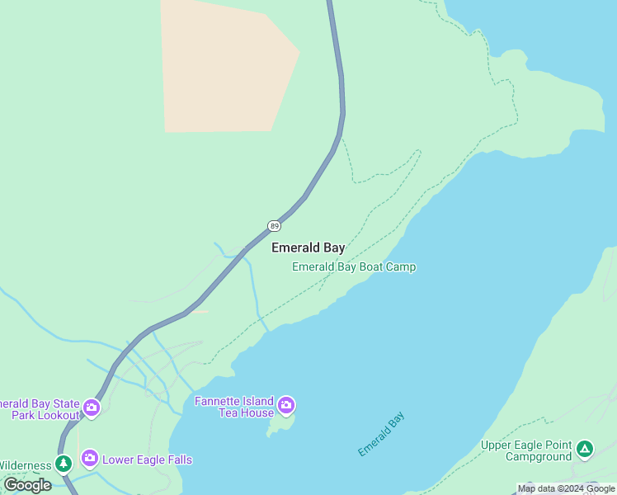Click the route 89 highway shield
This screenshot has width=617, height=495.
tap(274, 226)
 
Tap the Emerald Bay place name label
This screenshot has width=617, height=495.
tap(308, 247)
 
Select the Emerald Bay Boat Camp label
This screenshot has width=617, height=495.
tap(354, 267)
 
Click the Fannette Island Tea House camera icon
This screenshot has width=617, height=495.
tap(286, 404)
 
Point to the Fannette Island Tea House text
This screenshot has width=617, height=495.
tap(233, 407)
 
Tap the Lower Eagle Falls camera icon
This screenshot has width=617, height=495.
tap(89, 458)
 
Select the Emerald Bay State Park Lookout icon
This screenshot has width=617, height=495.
tap(91, 408)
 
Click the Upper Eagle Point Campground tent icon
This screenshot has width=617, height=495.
tap(584, 449)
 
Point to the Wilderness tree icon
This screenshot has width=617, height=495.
tap(64, 464)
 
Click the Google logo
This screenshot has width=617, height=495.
tap(27, 485)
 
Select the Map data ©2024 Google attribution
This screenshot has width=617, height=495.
tap(566, 488)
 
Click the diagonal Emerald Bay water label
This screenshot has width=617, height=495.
tap(382, 435)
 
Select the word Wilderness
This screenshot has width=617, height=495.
tap(25, 465)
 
